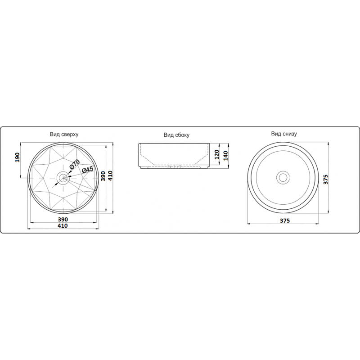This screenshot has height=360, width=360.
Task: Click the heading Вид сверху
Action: coord(64,134)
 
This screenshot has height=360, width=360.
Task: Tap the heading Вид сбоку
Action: coord(176,135)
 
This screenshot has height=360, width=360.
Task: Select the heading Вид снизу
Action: coord(284,134)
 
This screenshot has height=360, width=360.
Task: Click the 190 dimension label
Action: coord(18,157)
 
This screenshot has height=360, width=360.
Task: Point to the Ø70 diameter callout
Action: coord(74,164)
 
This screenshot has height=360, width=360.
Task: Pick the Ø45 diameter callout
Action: coord(87,170)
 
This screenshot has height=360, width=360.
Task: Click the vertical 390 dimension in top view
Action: coord(103,176)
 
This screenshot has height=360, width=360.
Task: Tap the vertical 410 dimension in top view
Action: coord(110,175)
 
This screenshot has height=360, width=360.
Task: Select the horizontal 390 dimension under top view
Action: coord(63,219)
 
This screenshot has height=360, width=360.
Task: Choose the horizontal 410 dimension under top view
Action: coord(63,226)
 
